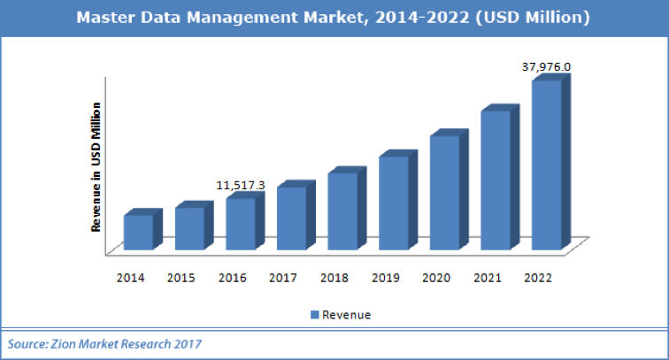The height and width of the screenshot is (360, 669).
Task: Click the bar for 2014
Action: click(x=138, y=232)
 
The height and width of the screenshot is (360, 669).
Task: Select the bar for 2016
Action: click(x=240, y=223)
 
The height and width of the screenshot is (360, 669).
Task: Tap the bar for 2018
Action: click(x=342, y=211)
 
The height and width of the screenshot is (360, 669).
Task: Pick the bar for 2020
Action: click(x=444, y=192)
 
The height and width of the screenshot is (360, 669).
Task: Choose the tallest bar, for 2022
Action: click(x=546, y=165)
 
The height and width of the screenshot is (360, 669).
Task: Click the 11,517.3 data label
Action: click(x=241, y=185)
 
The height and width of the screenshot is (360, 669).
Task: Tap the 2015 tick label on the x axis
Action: click(x=181, y=278)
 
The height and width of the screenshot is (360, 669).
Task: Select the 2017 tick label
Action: click(x=283, y=278)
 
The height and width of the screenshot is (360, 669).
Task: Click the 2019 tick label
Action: click(x=385, y=278)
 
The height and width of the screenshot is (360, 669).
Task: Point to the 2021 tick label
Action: click(x=487, y=278)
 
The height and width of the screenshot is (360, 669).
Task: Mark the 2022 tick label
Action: click(x=538, y=278)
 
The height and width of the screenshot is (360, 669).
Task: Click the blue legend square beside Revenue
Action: click(x=313, y=315)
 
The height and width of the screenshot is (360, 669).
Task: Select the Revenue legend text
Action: click(x=346, y=315)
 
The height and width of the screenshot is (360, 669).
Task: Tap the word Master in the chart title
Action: click(x=106, y=17)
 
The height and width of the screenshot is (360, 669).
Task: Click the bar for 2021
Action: click(x=496, y=180)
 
